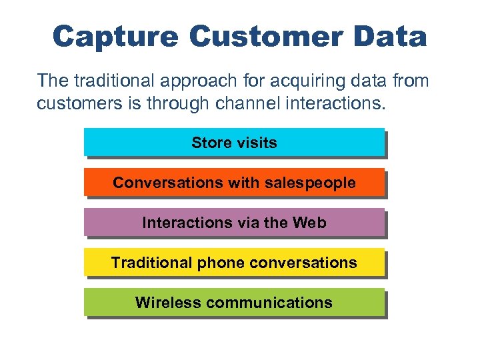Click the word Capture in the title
115,37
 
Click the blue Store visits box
234,142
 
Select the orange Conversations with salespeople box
234,182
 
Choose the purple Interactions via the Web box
234,222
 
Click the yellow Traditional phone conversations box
234,262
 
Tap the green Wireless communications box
234,302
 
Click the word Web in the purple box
309,223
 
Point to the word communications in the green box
269,303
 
